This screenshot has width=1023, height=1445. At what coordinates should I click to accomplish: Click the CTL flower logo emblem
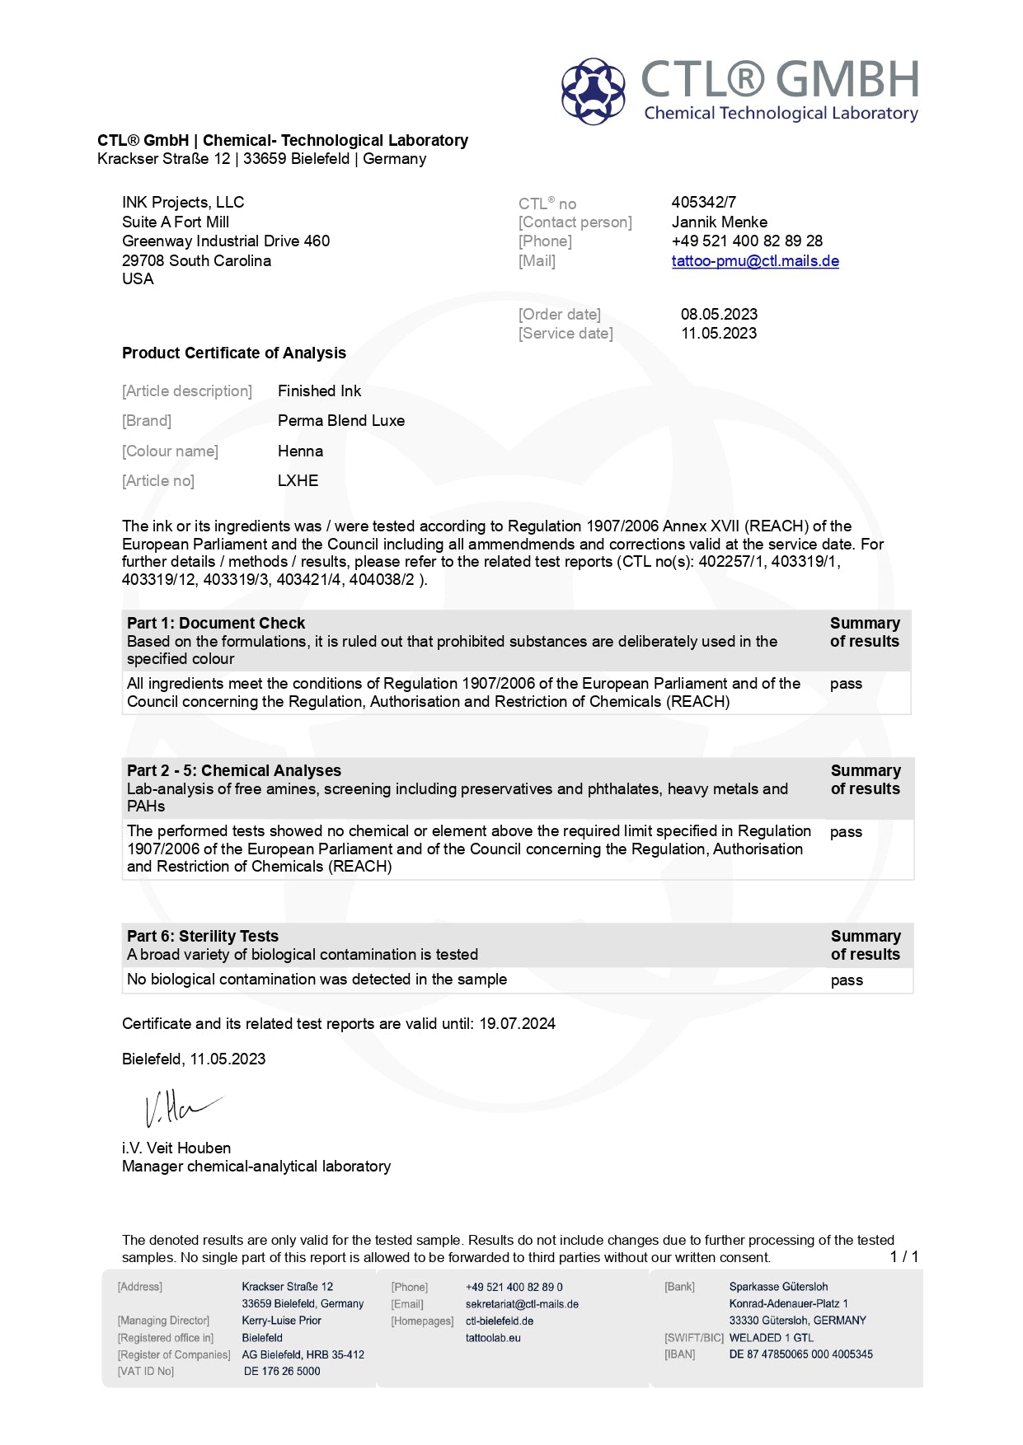coord(593,91)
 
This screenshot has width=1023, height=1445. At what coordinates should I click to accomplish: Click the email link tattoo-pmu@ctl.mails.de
coord(755,261)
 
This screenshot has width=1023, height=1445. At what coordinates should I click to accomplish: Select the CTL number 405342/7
coord(703,202)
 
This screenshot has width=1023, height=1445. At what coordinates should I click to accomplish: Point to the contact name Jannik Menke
coord(719,222)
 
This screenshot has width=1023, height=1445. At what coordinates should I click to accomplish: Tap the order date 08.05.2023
coord(719,314)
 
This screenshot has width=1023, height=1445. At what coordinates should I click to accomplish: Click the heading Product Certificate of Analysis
coord(234,353)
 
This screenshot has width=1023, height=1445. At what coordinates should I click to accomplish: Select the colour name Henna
coord(300,451)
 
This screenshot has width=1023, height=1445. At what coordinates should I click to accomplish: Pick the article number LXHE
coord(298,480)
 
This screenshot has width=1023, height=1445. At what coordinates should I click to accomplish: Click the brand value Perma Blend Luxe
coord(341,420)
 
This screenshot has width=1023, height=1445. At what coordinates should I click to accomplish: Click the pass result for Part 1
coord(846,684)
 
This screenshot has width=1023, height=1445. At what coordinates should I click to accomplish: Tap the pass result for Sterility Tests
coord(847,980)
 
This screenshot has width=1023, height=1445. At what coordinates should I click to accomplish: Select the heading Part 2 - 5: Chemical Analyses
coord(234,770)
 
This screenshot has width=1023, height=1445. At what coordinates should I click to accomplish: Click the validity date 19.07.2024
coord(517,1023)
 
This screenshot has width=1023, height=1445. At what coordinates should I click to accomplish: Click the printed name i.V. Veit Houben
coord(176,1148)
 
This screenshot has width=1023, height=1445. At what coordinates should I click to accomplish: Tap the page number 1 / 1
coord(903,1256)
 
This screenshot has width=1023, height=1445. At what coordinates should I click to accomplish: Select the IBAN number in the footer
coord(800,1354)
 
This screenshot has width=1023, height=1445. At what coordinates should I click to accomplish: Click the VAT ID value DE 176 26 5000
coord(282,1371)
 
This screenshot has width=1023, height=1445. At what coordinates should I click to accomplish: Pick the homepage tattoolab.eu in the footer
coord(493,1338)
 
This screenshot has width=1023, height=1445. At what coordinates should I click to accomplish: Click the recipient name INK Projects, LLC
coord(183,202)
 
